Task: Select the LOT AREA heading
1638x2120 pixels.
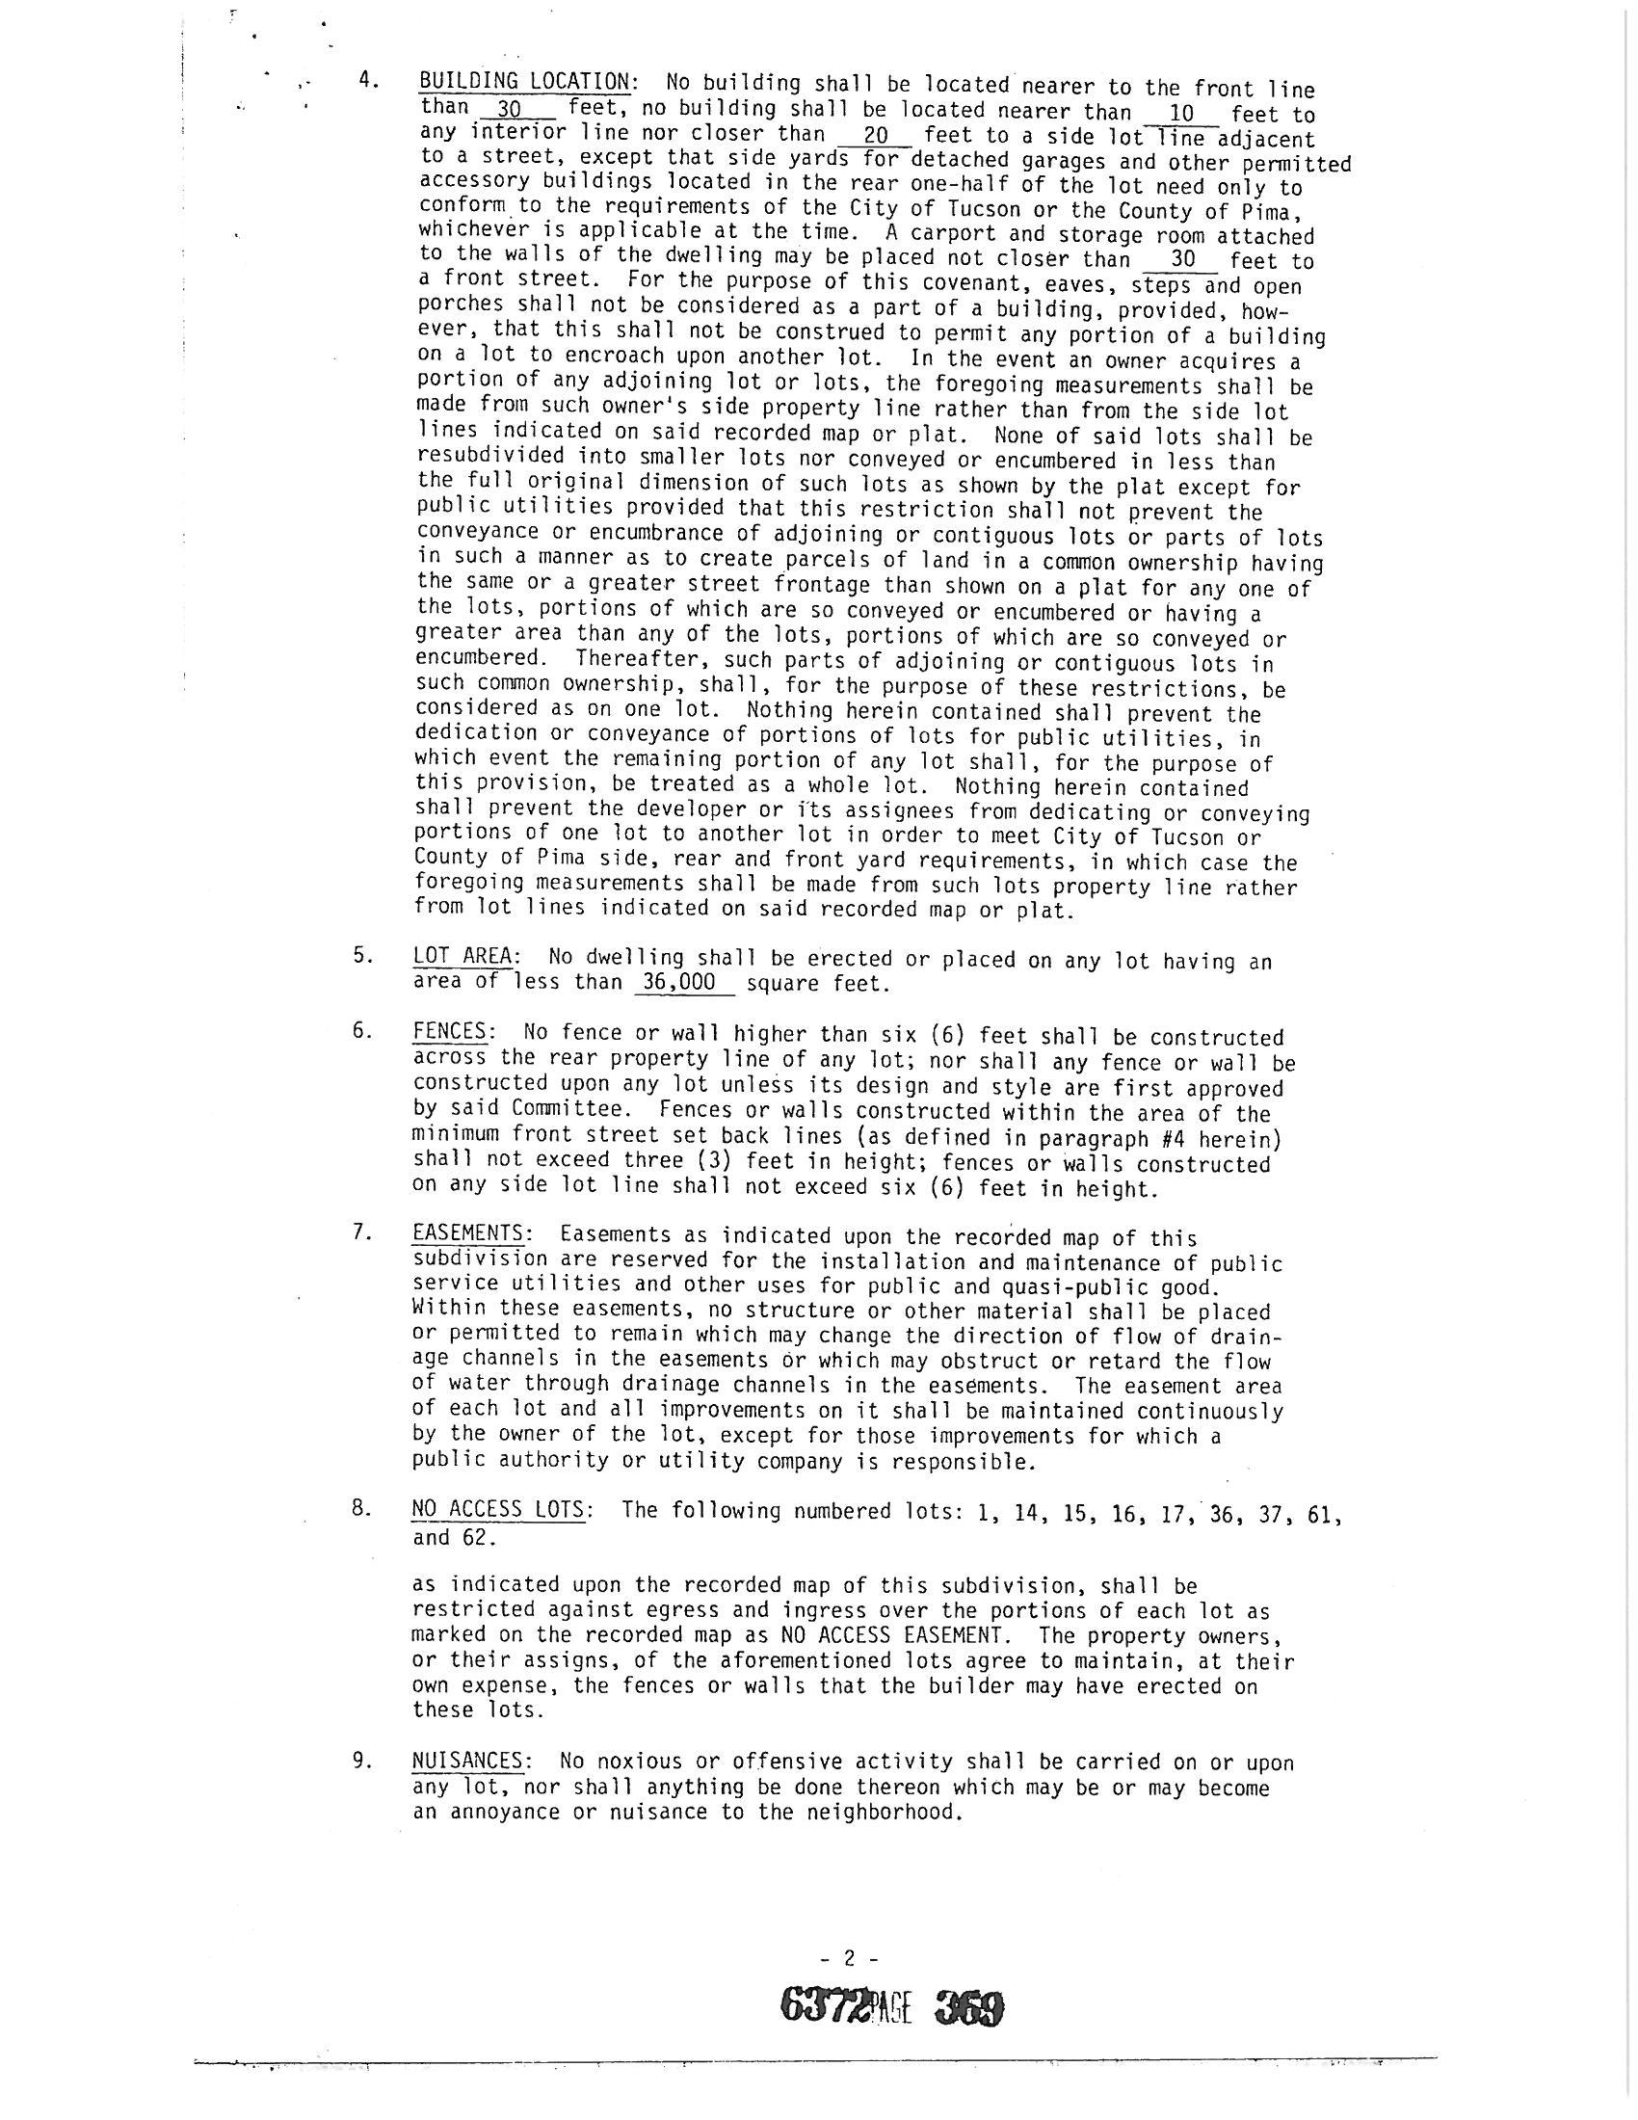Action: click(x=462, y=956)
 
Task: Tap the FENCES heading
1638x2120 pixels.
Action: click(x=449, y=1032)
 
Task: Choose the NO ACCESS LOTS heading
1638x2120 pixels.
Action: click(x=498, y=1510)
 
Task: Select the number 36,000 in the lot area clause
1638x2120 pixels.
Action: click(x=678, y=982)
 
